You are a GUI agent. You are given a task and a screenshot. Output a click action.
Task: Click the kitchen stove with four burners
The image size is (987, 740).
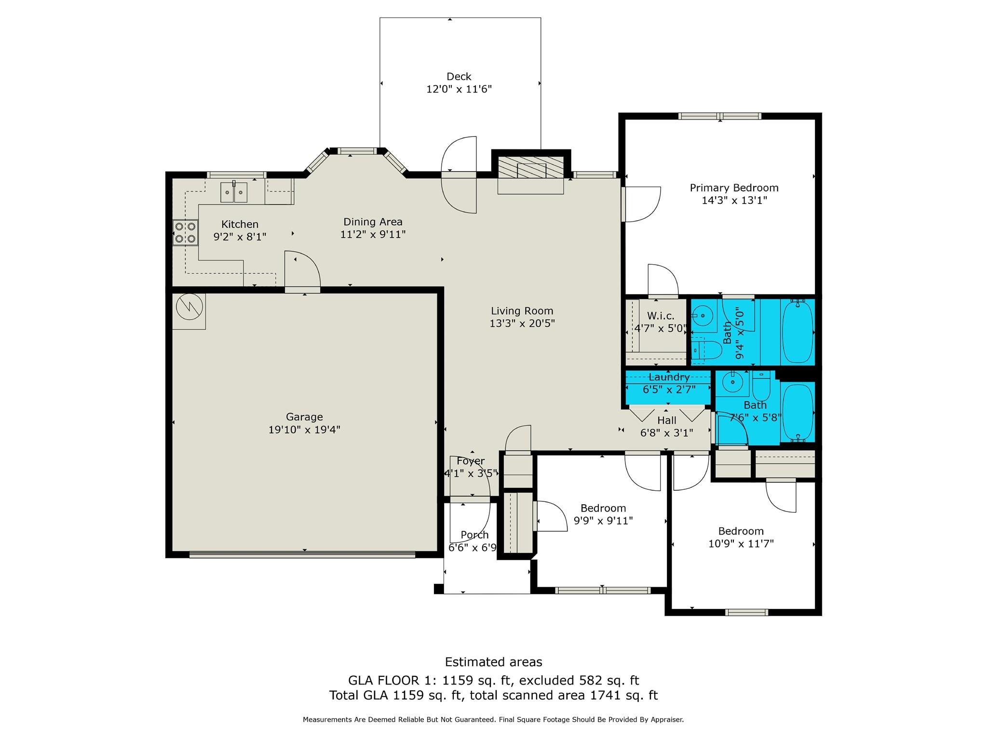(186, 232)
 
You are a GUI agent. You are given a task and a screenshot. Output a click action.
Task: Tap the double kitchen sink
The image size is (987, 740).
(234, 192)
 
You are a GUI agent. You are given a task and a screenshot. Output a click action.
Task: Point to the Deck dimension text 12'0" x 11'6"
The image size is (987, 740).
(459, 89)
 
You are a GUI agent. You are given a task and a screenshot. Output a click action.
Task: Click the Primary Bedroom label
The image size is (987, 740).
(734, 188)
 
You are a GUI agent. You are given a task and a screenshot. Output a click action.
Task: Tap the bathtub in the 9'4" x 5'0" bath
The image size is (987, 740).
(797, 332)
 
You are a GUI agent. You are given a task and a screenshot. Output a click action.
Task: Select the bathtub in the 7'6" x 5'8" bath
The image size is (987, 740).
(798, 412)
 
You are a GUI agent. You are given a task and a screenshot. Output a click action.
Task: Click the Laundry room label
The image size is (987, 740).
(669, 377)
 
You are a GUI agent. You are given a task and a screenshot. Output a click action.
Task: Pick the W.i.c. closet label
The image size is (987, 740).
(660, 316)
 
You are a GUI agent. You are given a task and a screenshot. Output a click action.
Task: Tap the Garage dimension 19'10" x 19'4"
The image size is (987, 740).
(304, 430)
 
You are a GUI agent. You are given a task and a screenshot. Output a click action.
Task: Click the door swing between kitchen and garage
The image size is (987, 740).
(303, 271)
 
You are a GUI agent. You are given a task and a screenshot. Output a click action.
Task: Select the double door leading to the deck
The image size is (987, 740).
(459, 175)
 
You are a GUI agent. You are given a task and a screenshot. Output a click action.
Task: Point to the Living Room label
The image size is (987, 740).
(522, 311)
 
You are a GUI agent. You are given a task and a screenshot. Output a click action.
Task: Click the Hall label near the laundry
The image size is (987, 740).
(666, 420)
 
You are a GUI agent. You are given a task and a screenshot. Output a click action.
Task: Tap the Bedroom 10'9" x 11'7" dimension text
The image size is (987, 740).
(741, 544)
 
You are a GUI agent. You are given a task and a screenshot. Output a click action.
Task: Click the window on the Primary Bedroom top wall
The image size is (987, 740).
(719, 116)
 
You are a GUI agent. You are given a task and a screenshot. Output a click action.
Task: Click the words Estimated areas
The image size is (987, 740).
(493, 662)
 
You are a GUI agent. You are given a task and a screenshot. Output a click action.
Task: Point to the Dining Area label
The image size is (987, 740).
(373, 222)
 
